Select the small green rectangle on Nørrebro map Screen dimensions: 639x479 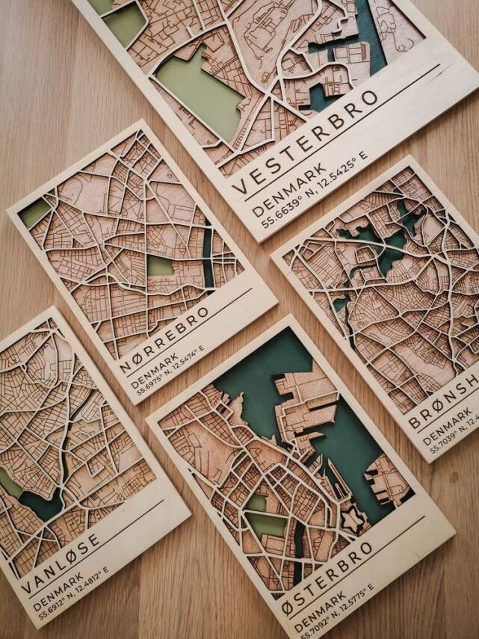pos(159,265)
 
